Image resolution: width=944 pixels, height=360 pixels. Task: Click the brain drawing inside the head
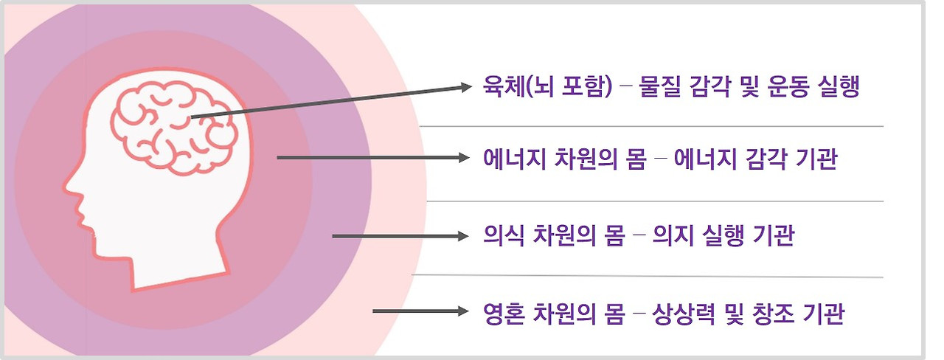[173, 127]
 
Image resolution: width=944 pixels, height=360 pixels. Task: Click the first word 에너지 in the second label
[513, 159]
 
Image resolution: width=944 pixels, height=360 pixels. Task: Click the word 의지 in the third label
[676, 237]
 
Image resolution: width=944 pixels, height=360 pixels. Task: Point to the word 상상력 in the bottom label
[685, 314]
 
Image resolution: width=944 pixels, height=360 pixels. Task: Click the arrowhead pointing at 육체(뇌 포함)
[465, 87]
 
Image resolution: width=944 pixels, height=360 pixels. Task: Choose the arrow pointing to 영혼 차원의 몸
[420, 311]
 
